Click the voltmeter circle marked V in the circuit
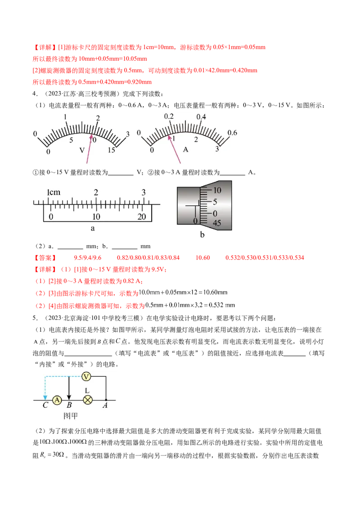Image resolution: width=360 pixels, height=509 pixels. [x=86, y=376]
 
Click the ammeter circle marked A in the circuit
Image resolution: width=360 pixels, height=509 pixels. [x=57, y=400]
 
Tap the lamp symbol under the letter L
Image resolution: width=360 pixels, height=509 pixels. [x=87, y=400]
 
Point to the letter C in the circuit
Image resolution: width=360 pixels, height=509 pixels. [x=45, y=405]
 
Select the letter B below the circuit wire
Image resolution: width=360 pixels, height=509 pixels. [x=69, y=405]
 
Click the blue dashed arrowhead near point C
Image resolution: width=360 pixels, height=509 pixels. [x=45, y=397]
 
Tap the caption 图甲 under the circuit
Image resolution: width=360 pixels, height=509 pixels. [x=71, y=416]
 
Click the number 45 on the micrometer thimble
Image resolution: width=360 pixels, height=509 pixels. [x=217, y=223]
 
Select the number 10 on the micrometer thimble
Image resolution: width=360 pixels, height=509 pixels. [x=217, y=190]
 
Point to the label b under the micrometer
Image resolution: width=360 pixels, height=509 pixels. [x=202, y=235]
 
